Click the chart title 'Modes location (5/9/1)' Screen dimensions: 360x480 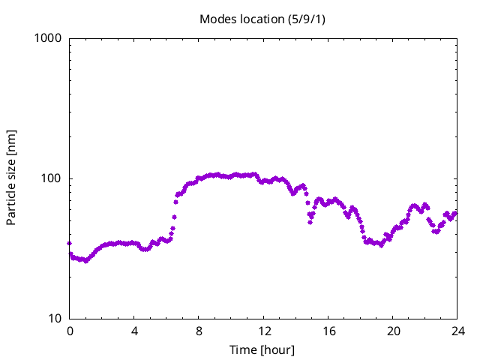click(262, 18)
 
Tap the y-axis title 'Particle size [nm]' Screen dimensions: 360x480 click(11, 178)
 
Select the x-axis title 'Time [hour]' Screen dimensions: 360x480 click(262, 349)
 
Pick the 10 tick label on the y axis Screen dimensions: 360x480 click(54, 319)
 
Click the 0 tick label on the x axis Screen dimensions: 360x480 click(70, 331)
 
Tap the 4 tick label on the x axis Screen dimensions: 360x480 click(134, 331)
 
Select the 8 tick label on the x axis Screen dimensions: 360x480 click(199, 331)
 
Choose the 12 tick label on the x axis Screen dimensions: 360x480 click(264, 331)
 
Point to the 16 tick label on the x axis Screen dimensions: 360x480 click(328, 331)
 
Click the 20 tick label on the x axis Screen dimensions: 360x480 click(393, 331)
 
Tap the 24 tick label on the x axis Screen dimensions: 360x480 click(457, 331)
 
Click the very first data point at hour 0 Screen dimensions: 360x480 click(70, 243)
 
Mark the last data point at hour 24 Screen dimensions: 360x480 click(454, 213)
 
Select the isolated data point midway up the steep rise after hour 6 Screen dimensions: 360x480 click(174, 217)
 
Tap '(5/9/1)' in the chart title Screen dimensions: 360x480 click(306, 18)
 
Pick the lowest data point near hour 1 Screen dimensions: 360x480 click(85, 261)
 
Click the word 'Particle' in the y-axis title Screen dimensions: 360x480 click(11, 203)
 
